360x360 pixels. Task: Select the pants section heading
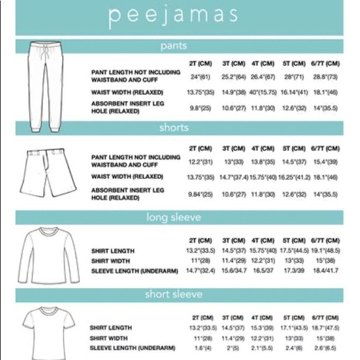[173, 45]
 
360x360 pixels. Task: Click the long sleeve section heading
[173, 217]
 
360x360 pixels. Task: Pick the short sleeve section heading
[173, 294]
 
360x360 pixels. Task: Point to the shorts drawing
[45, 172]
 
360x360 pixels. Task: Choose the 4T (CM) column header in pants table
[263, 63]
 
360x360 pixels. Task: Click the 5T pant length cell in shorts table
[294, 162]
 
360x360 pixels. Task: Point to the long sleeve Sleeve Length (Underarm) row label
[134, 271]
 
